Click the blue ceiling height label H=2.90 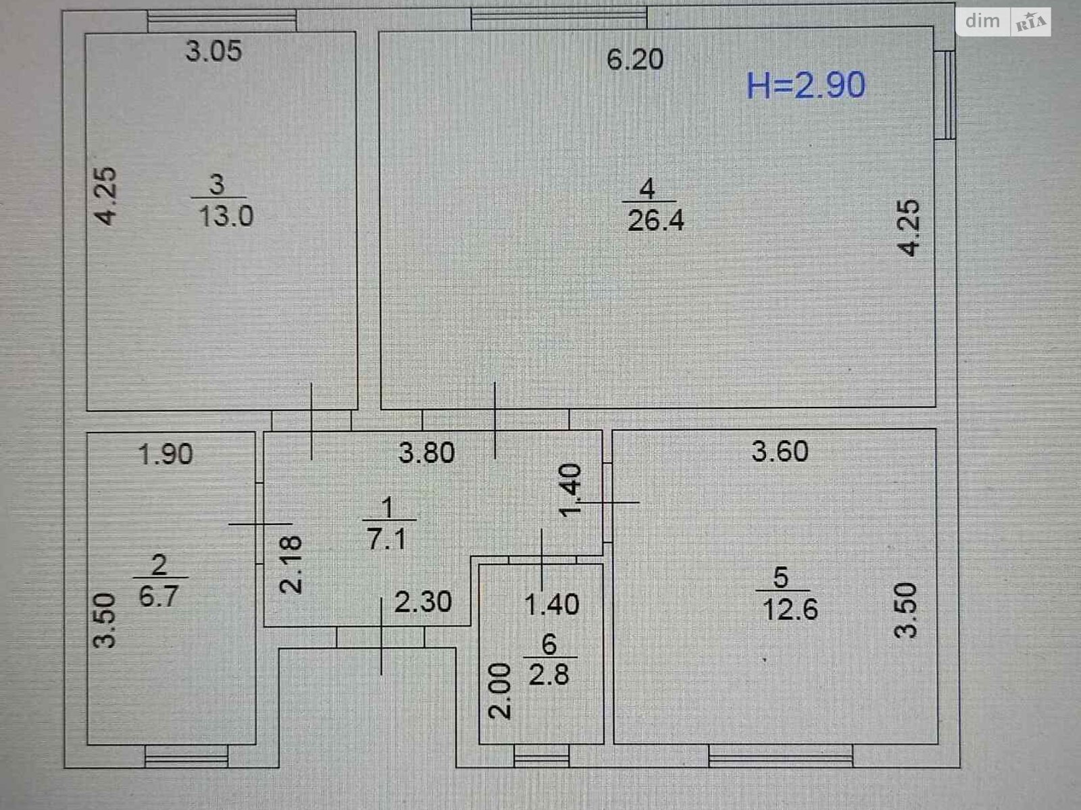tap(805, 86)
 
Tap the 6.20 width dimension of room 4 tap(634, 59)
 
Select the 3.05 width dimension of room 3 tap(213, 51)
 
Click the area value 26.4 tap(655, 221)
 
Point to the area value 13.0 tap(226, 217)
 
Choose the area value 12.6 tap(790, 610)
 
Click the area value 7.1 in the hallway tap(386, 539)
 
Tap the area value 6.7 tap(159, 596)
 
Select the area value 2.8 tap(549, 674)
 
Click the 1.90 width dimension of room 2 tap(166, 454)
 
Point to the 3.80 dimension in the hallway tap(426, 453)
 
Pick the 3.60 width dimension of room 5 tap(780, 452)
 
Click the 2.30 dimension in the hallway tap(423, 602)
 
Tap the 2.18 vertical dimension tap(292, 564)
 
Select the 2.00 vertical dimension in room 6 tap(501, 691)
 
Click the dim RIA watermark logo tap(1004, 22)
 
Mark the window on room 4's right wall tap(947, 94)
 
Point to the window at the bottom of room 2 tap(186, 760)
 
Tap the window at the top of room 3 tap(222, 21)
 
